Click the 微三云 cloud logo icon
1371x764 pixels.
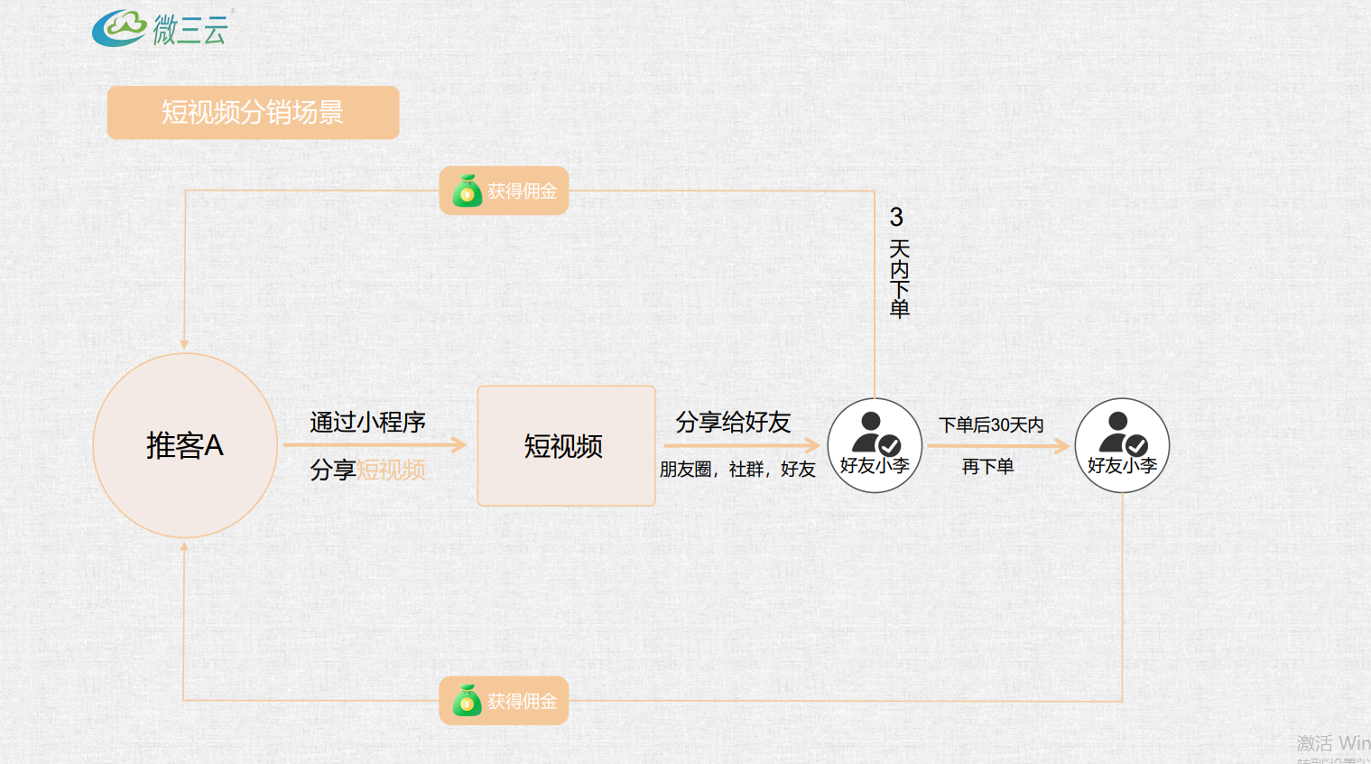[x=119, y=28]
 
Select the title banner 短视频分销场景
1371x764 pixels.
[x=253, y=112]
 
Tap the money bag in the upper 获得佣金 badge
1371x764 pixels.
[x=467, y=191]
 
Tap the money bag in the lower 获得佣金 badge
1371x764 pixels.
[x=467, y=701]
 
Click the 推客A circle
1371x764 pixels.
[x=185, y=445]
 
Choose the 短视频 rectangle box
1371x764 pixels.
[x=566, y=445]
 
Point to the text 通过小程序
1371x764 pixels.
[x=367, y=422]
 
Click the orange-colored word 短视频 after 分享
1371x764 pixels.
[x=391, y=470]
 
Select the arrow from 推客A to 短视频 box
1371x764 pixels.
[x=375, y=444]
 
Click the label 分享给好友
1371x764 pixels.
[x=733, y=422]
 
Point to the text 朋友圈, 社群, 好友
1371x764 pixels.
[x=737, y=470]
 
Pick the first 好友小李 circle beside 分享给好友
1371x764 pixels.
[x=875, y=445]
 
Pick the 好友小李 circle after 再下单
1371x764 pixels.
[x=1122, y=445]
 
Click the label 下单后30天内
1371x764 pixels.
[x=991, y=424]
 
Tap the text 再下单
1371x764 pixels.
[x=988, y=466]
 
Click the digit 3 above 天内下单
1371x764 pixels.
[x=896, y=217]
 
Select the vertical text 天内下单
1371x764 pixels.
[x=899, y=279]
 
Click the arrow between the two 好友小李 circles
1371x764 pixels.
[x=997, y=445]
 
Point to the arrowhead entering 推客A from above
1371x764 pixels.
[x=184, y=344]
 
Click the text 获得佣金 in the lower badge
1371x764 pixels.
[x=522, y=701]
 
